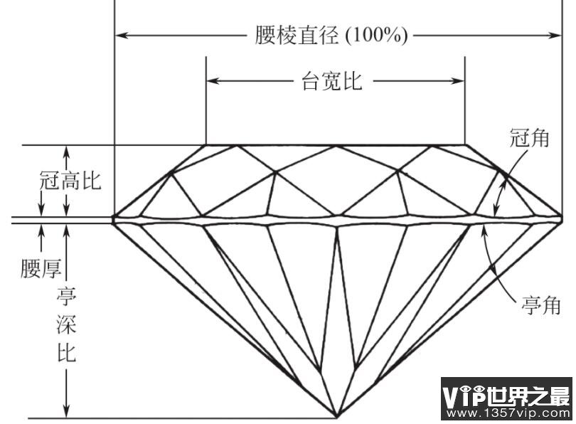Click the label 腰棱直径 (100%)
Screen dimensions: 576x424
coord(331,36)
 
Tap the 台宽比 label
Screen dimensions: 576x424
coord(331,81)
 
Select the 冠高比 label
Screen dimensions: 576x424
coord(70,181)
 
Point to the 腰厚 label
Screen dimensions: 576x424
coord(41,268)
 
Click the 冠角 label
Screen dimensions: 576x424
coord(529,138)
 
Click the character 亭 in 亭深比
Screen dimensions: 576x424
coord(67,296)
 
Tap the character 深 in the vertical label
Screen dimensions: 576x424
coord(67,324)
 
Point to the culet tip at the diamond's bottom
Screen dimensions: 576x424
coord(337,418)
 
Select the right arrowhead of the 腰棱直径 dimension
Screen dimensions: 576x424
coord(555,36)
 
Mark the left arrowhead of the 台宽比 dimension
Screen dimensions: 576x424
coord(213,81)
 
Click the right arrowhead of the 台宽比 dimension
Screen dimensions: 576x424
coord(458,81)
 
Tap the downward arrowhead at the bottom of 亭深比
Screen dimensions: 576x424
coord(67,410)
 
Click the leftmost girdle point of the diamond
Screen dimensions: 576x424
coord(113,219)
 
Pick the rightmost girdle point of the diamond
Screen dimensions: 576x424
coord(561,219)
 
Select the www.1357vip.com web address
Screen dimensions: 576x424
coord(507,413)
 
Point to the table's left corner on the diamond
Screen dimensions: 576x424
coord(206,145)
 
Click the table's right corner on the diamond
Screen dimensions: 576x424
coord(465,145)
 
